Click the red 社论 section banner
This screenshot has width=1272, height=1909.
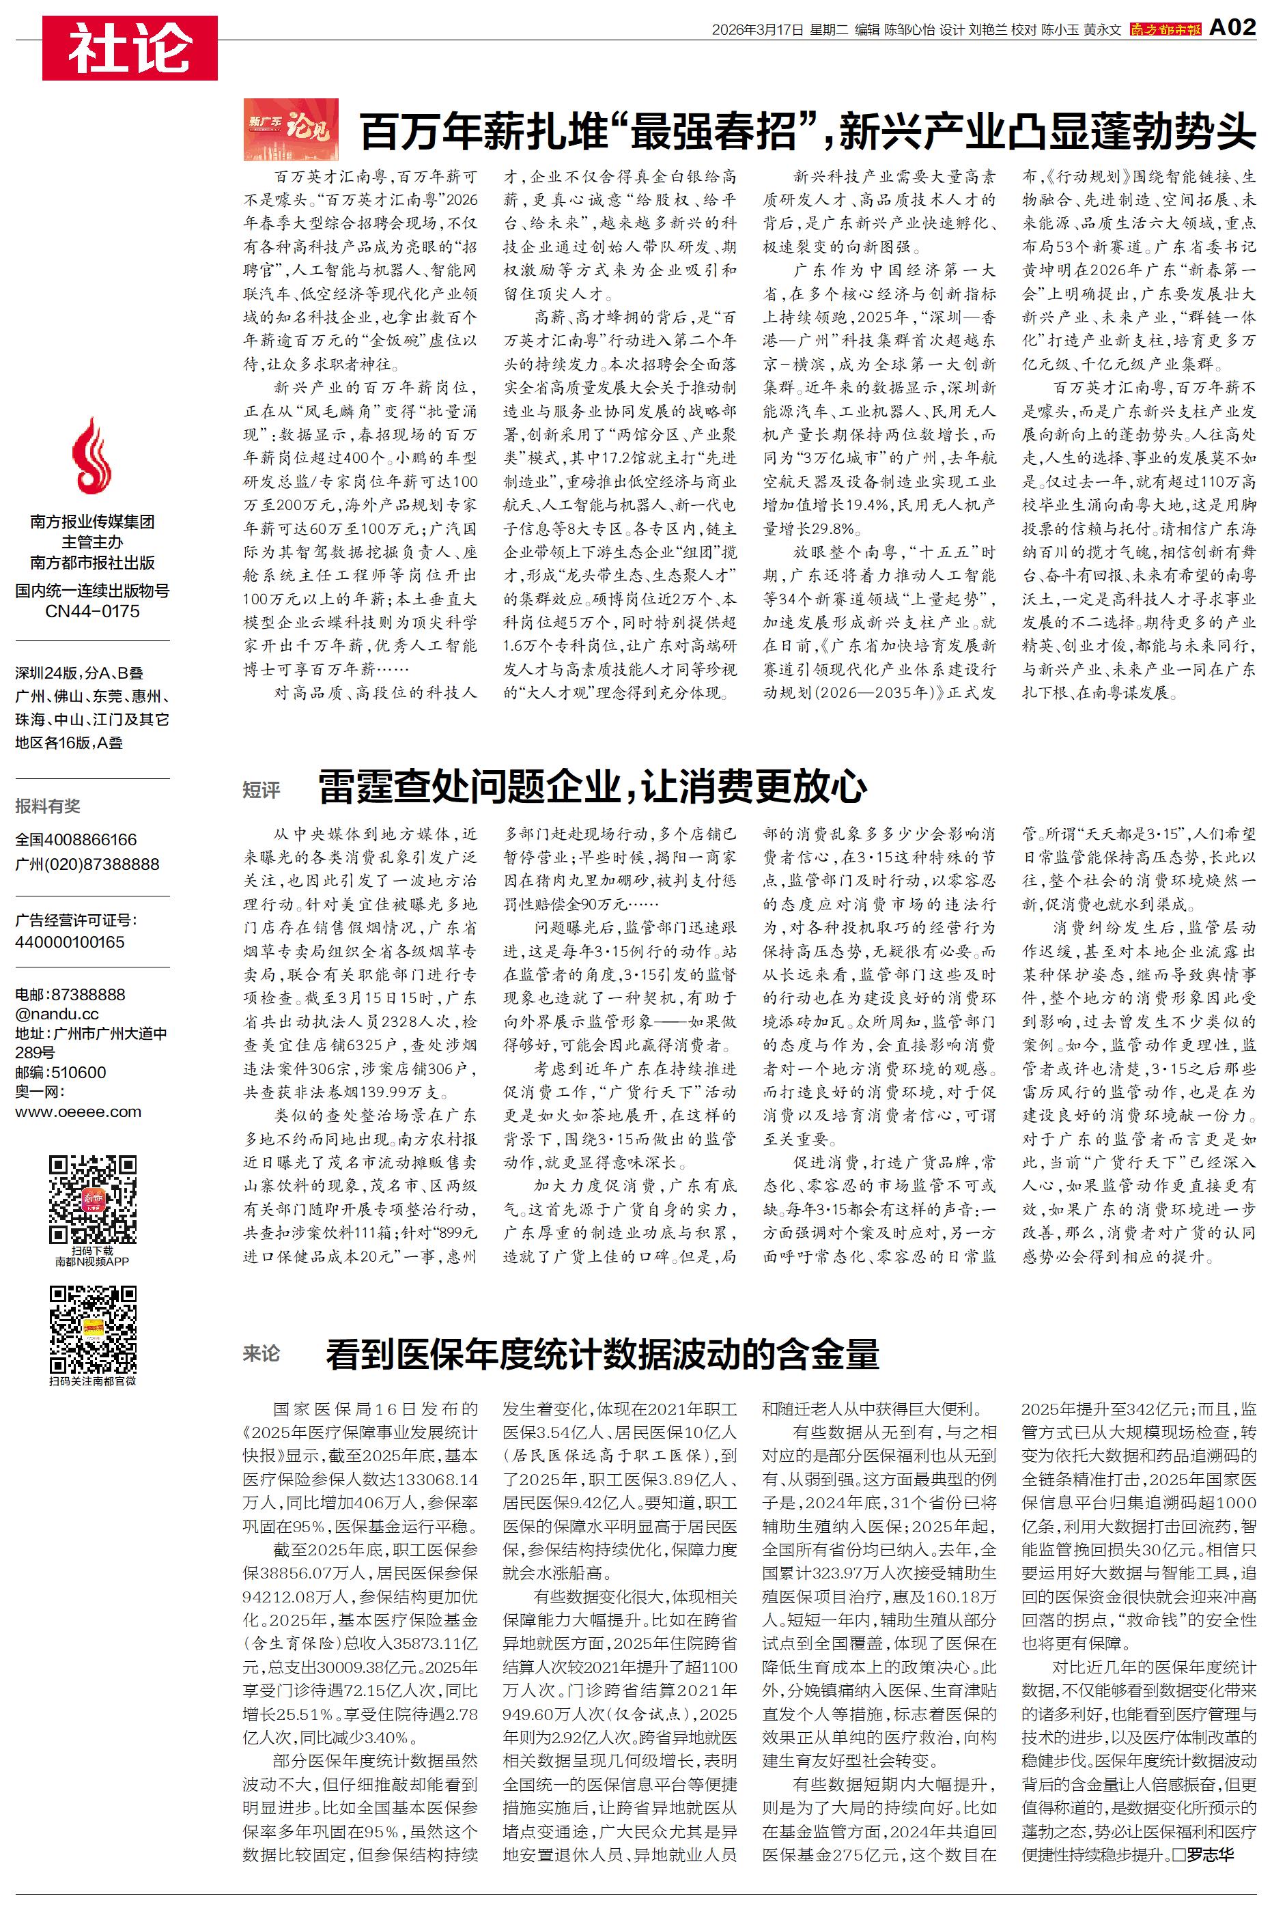click(130, 48)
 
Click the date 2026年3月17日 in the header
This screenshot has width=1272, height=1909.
click(757, 30)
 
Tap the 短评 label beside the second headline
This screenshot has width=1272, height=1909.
click(262, 789)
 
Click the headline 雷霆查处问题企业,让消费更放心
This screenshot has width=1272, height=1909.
click(592, 786)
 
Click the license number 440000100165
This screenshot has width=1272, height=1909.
click(70, 942)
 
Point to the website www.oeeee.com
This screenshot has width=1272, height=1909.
click(78, 1112)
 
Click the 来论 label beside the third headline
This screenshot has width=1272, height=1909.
click(262, 1353)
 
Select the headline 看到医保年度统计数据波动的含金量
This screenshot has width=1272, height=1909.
click(602, 1355)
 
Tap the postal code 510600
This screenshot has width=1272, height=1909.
click(79, 1072)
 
